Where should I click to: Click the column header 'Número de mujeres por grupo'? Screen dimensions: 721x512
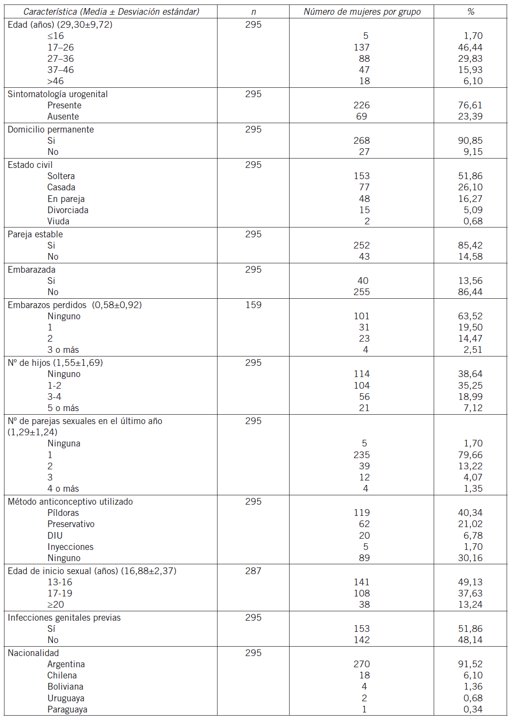362,12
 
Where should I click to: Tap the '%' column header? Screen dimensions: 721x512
470,12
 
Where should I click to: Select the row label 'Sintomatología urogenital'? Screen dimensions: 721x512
58,94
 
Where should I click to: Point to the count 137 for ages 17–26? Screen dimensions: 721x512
362,47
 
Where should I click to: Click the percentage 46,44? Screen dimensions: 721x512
470,47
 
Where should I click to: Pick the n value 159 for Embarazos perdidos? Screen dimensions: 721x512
253,305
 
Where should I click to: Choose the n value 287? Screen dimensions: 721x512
253,571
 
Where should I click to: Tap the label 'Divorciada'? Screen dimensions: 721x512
68,210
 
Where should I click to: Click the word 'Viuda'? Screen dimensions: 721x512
59,221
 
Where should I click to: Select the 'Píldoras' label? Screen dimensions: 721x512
63,513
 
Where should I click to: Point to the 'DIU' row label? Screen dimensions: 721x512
55,536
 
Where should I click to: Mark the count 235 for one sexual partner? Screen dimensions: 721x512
362,455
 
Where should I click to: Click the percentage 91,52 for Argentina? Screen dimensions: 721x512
470,664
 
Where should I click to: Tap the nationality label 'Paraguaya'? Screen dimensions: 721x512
68,709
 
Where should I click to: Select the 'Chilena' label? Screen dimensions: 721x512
62,675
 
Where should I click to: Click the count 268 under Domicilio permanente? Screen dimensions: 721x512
362,141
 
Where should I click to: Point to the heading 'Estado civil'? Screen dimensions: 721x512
30,165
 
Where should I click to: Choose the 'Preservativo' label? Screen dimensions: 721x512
71,524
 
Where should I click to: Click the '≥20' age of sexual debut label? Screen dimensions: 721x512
56,605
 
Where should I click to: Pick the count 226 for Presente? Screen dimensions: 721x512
362,105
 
